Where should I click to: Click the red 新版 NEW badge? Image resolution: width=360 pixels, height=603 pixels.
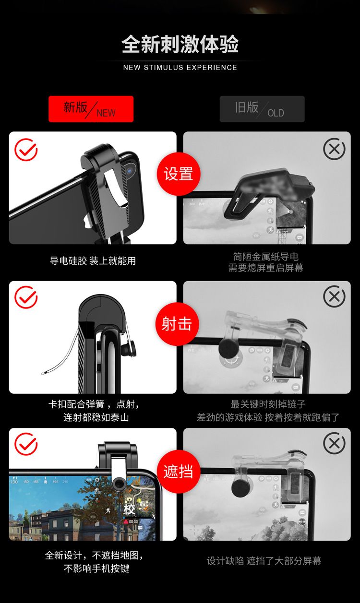tap(91, 109)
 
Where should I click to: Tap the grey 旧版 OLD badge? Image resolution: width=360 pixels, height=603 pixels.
tap(262, 109)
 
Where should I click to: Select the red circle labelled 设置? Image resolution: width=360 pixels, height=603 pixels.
tap(179, 174)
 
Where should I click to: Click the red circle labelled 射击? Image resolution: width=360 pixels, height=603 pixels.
tap(177, 324)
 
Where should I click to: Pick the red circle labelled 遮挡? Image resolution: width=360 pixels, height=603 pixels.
tap(179, 472)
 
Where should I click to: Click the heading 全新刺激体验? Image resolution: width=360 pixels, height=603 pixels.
tap(180, 44)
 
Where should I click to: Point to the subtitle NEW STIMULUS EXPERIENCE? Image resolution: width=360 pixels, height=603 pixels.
tap(180, 67)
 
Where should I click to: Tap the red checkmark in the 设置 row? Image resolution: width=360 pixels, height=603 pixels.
tap(26, 150)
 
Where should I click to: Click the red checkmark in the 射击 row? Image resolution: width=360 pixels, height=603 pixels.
tap(26, 297)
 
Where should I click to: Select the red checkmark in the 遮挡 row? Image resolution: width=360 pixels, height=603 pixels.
tap(26, 444)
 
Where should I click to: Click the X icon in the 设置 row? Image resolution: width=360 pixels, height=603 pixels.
tap(334, 149)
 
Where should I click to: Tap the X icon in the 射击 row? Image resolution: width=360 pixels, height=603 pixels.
tap(334, 296)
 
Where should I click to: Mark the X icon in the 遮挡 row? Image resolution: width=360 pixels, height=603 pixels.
tap(334, 443)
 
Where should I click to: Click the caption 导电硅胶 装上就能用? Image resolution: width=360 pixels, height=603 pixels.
tap(93, 260)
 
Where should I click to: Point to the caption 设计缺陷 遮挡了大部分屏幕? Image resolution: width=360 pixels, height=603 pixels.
tap(264, 561)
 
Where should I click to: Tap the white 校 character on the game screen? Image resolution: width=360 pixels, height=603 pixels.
tap(129, 509)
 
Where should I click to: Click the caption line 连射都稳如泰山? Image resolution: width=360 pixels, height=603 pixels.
tap(96, 417)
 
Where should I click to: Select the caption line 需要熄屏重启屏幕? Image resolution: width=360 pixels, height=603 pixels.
tap(266, 268)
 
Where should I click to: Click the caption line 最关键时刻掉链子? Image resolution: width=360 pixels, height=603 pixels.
tap(268, 404)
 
